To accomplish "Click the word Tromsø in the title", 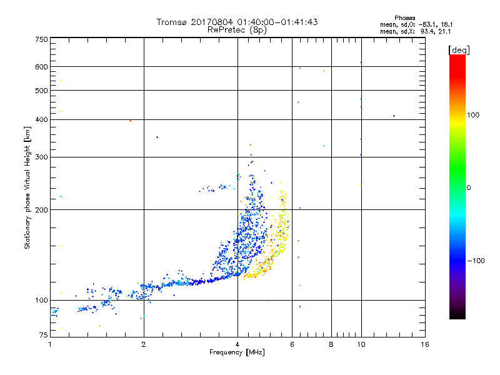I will click(x=171, y=22).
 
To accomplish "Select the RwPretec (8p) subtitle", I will click(x=237, y=29).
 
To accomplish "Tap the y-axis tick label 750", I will click(x=41, y=39).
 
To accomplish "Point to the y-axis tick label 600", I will click(x=41, y=67).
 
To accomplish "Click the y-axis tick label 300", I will click(x=41, y=157).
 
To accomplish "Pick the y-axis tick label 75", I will click(x=43, y=336).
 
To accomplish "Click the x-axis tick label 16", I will click(x=424, y=344).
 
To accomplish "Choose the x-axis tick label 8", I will click(x=331, y=344).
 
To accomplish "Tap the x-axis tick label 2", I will click(x=144, y=344).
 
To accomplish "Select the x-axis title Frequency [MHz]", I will click(x=237, y=353).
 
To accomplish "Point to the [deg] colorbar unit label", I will click(x=459, y=49).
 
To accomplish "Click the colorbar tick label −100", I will click(x=478, y=261).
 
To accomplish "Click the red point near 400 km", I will click(x=130, y=121).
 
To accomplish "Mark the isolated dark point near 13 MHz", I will click(x=394, y=116).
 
